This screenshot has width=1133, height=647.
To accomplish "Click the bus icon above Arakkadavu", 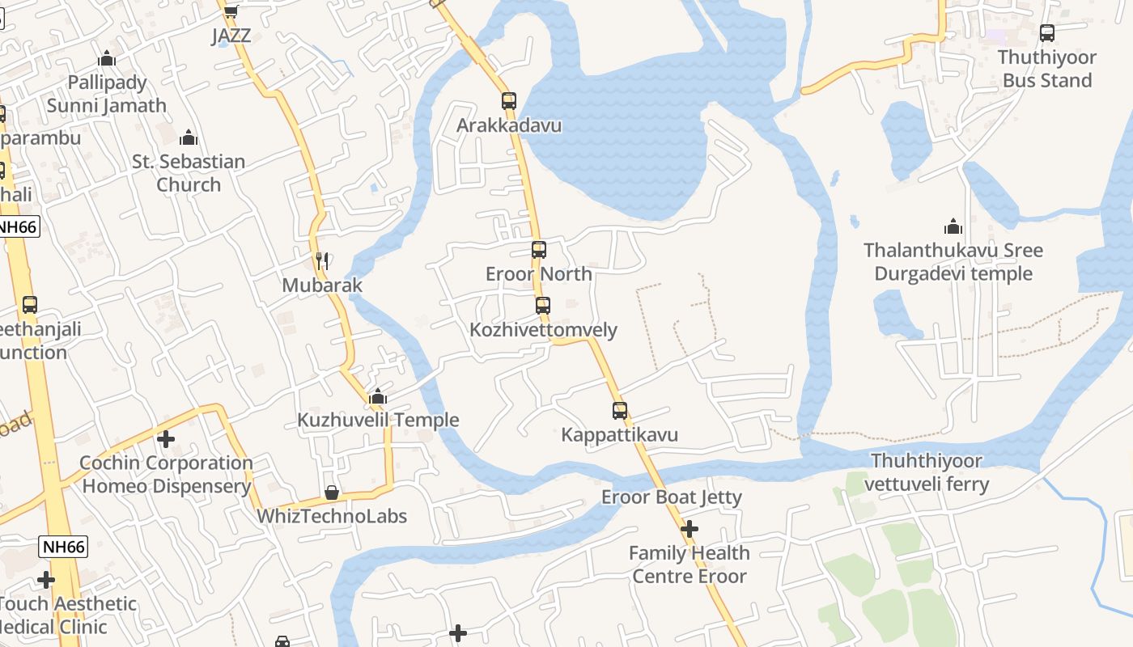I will (508, 101).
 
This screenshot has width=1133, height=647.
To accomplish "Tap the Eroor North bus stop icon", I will (539, 250).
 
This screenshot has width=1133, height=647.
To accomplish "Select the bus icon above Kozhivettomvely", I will (543, 306).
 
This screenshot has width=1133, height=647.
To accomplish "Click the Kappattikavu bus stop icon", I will (620, 411).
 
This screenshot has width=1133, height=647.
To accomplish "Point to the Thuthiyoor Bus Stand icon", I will (1047, 33).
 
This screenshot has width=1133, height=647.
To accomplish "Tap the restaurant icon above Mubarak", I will (322, 260).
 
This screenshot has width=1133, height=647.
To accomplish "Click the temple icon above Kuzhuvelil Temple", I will (377, 396).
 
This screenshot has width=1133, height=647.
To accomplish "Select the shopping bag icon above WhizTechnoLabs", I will (331, 493).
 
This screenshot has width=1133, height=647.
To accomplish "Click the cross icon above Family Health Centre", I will (690, 529).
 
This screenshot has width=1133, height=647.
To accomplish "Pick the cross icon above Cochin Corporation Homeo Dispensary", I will (166, 439).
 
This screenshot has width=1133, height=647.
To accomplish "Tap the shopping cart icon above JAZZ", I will (231, 11).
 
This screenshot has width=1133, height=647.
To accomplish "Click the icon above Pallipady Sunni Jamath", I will (107, 58).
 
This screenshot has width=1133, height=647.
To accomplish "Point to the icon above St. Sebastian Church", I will (189, 137).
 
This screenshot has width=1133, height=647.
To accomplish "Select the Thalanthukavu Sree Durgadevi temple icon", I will (953, 226).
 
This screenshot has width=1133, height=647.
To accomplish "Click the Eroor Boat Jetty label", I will (671, 497).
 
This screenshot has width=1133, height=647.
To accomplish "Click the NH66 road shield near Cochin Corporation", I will (63, 547).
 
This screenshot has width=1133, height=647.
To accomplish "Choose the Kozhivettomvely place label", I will (543, 330).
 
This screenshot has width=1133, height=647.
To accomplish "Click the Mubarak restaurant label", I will (322, 285).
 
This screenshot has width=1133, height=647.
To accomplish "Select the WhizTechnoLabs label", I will (332, 516).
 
